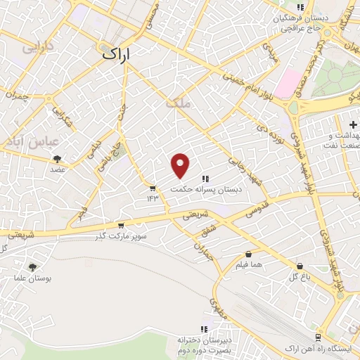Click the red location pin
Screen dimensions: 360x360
pos(181,165)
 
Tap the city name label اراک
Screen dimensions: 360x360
pos(116,53)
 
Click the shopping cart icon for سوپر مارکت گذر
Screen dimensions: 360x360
pos(121,226)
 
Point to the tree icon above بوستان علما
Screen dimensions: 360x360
pos(32,266)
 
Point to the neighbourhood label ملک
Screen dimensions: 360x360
pos(178,103)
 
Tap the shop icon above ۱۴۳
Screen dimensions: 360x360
pos(153,188)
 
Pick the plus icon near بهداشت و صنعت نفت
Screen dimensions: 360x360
pos(352,124)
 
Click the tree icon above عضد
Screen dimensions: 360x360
pos(57,159)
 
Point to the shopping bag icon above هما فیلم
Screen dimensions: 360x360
pos(248,255)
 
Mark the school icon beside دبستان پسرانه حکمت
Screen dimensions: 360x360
pos(205,179)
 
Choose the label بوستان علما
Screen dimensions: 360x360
pos(33,278)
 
